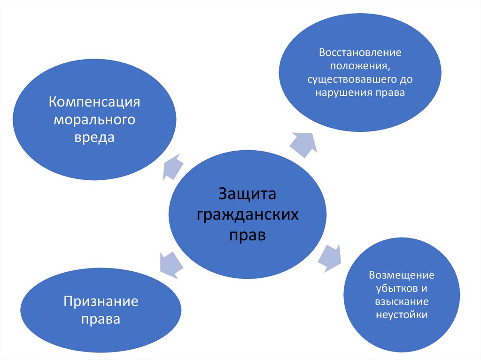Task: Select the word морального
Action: point(94,120)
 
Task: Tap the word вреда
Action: point(94,138)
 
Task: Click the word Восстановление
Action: point(360,52)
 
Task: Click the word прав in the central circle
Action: point(247,234)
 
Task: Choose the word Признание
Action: point(101,301)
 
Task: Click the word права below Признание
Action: point(101,320)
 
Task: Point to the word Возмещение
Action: point(402,275)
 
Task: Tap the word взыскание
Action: point(401,301)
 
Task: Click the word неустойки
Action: point(402,314)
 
